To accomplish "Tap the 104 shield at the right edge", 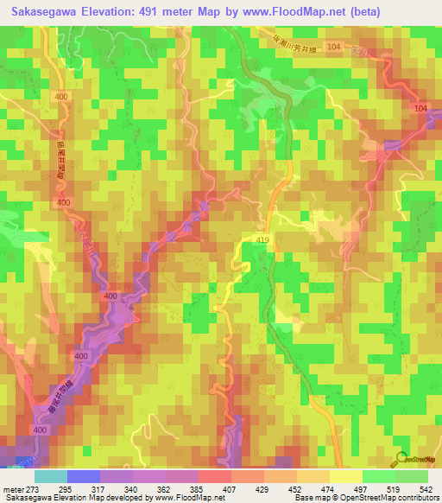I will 420,108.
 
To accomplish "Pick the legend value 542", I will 423,488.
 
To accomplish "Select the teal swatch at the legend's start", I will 50,476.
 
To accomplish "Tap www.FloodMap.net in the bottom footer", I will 187,498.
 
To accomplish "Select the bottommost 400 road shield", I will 40,430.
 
